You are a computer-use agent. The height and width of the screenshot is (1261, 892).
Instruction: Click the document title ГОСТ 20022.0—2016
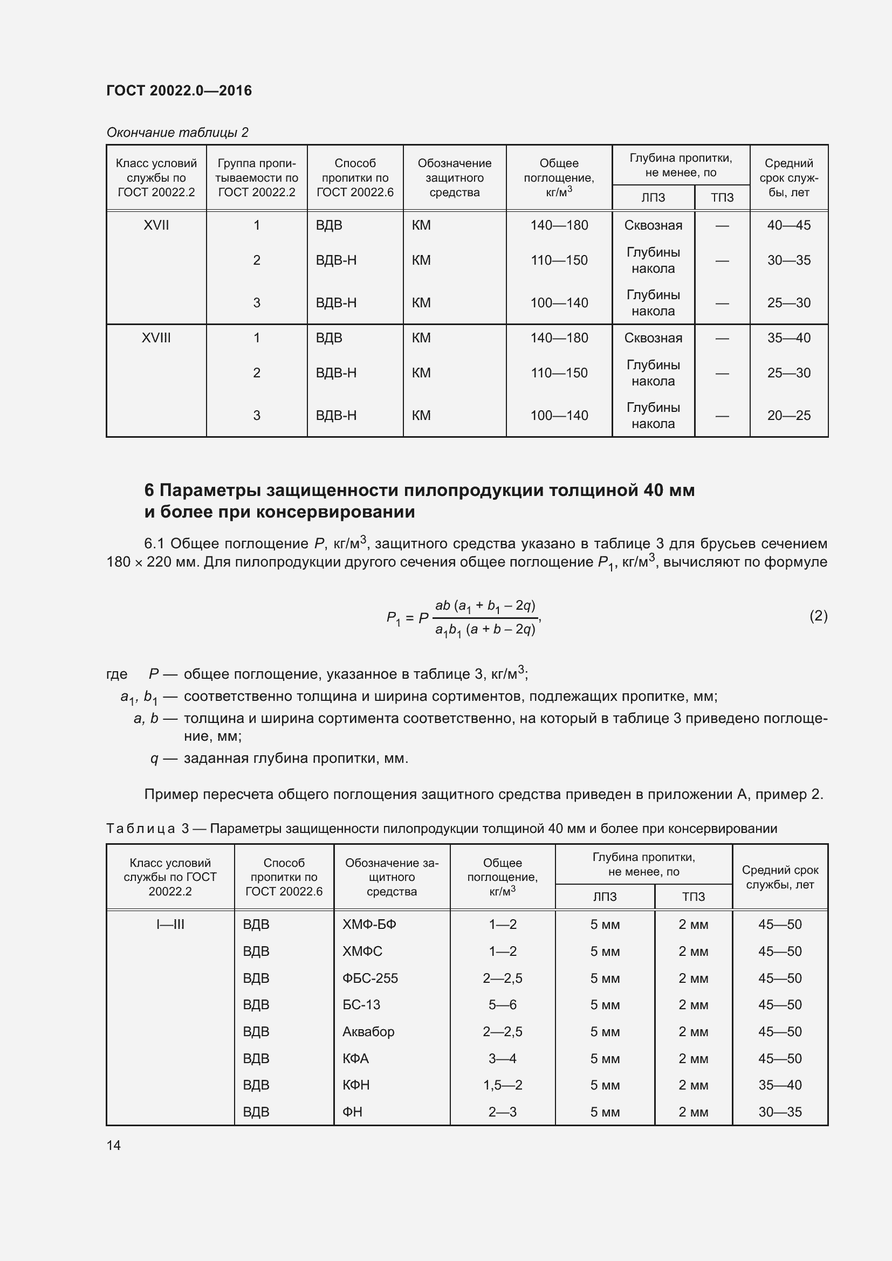pyautogui.click(x=179, y=91)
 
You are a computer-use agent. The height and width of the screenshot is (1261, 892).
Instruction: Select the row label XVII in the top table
pyautogui.click(x=156, y=225)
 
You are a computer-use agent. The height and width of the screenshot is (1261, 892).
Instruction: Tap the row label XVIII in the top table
pyautogui.click(x=156, y=338)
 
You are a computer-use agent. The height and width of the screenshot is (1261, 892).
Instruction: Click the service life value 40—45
pyautogui.click(x=788, y=225)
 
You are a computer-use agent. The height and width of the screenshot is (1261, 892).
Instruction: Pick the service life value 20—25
pyautogui.click(x=788, y=415)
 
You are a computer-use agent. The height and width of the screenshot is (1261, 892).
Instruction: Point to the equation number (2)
pyautogui.click(x=818, y=616)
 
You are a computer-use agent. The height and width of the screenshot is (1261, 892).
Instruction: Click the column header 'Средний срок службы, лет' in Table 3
pyautogui.click(x=779, y=877)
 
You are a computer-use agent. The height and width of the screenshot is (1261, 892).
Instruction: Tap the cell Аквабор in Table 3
pyautogui.click(x=368, y=1031)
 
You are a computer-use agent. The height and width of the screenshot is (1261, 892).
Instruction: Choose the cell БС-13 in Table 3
pyautogui.click(x=361, y=1004)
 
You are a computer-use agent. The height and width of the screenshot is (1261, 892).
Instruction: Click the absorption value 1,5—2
pyautogui.click(x=502, y=1085)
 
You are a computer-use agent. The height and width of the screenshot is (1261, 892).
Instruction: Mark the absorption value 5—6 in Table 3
pyautogui.click(x=502, y=1004)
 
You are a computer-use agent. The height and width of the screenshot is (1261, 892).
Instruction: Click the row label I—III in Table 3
pyautogui.click(x=170, y=925)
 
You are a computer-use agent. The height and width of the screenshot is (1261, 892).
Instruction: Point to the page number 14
pyautogui.click(x=114, y=1145)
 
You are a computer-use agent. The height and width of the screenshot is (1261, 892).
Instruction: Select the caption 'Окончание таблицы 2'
pyautogui.click(x=177, y=133)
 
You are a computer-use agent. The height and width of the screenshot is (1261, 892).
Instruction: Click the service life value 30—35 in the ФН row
pyautogui.click(x=779, y=1112)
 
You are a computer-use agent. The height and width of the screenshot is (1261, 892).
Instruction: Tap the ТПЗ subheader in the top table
pyautogui.click(x=722, y=198)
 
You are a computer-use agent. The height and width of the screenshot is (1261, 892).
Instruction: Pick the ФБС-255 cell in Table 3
pyautogui.click(x=369, y=978)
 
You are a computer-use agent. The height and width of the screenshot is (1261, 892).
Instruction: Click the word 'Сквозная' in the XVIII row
pyautogui.click(x=653, y=338)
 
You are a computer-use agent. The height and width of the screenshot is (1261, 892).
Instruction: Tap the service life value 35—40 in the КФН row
pyautogui.click(x=779, y=1085)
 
